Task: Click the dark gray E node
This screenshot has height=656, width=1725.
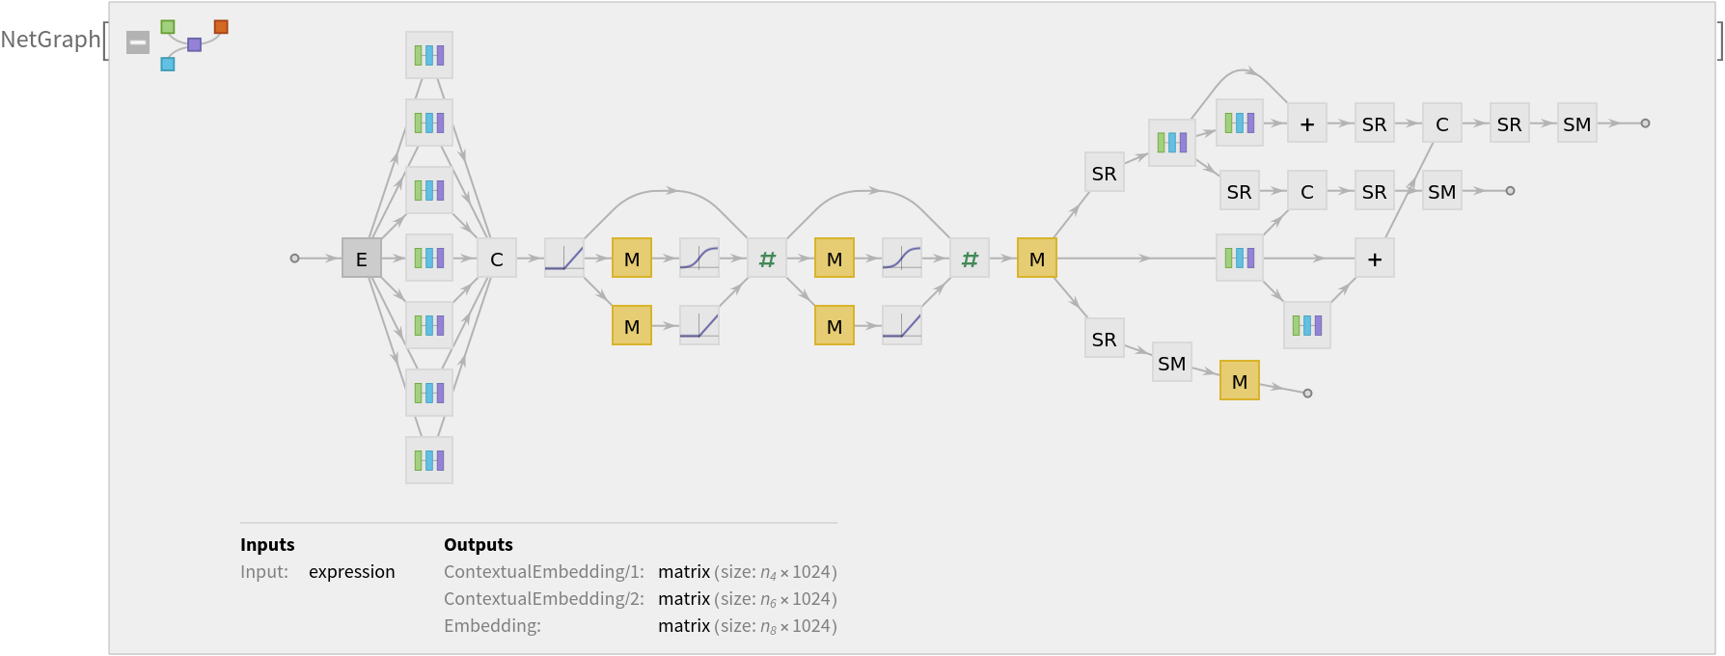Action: pyautogui.click(x=362, y=259)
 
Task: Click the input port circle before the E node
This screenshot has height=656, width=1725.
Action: pyautogui.click(x=295, y=259)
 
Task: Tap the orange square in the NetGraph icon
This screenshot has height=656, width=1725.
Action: pyautogui.click(x=221, y=27)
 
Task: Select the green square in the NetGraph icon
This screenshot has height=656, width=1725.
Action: pyautogui.click(x=168, y=27)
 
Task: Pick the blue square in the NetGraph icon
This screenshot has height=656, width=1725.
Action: pyautogui.click(x=168, y=64)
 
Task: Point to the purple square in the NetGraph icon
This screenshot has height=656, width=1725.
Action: pyautogui.click(x=194, y=44)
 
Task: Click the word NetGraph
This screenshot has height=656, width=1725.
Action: pyautogui.click(x=50, y=40)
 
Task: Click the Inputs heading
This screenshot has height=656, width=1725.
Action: pyautogui.click(x=267, y=545)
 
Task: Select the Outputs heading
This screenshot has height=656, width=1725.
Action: pyautogui.click(x=479, y=545)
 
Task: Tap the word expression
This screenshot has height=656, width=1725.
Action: pyautogui.click(x=351, y=572)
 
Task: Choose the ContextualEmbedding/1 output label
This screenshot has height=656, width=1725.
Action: pyautogui.click(x=543, y=572)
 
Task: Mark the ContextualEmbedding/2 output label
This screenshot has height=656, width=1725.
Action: pyautogui.click(x=543, y=599)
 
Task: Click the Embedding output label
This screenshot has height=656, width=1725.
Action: pyautogui.click(x=492, y=626)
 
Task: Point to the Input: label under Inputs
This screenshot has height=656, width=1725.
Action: pyautogui.click(x=264, y=572)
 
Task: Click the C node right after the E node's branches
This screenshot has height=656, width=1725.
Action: pyautogui.click(x=497, y=259)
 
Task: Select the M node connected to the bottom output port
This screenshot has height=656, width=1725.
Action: pyautogui.click(x=1240, y=381)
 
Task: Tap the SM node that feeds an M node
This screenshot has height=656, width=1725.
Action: pyautogui.click(x=1172, y=363)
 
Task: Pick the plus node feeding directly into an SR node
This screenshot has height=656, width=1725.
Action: pyautogui.click(x=1307, y=123)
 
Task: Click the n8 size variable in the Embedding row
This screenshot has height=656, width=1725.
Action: pyautogui.click(x=768, y=627)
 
